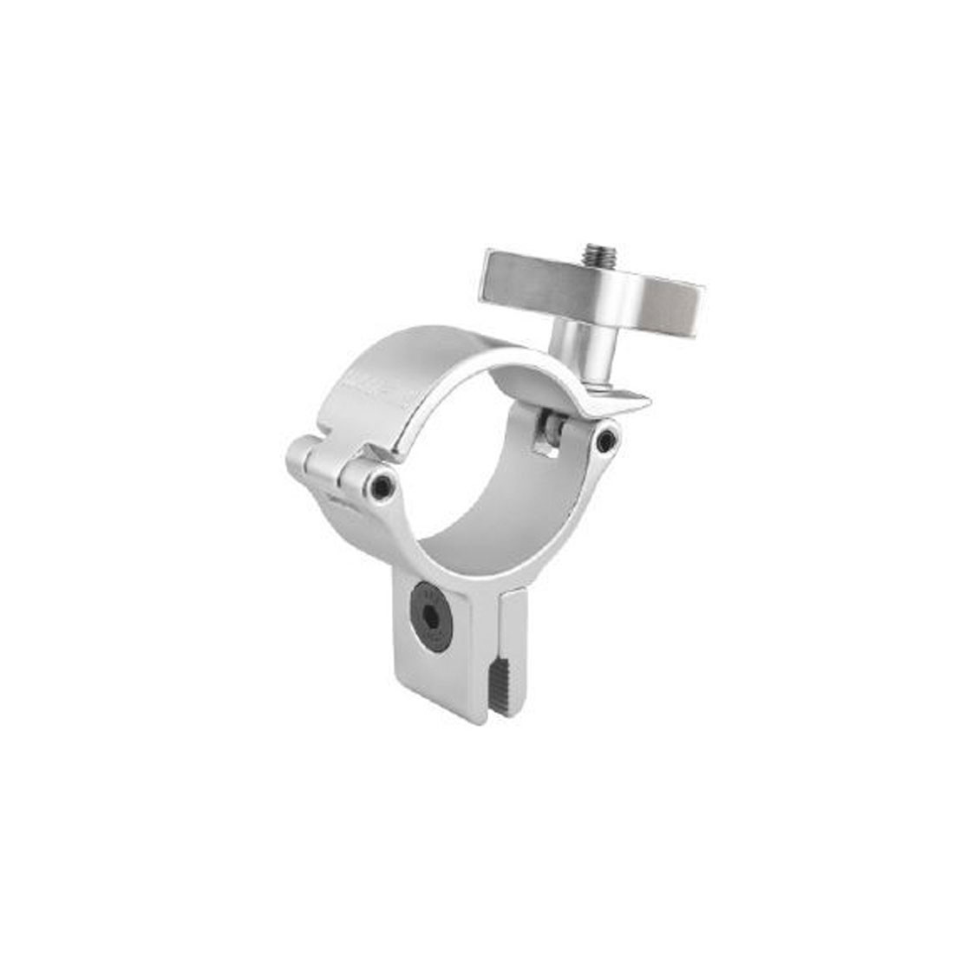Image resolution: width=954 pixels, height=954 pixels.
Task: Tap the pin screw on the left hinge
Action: [381, 488]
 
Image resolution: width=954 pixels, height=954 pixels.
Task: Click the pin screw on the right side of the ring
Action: [608, 441]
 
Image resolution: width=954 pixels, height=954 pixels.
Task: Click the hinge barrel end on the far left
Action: [300, 454]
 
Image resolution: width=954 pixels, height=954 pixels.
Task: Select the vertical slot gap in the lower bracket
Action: [498, 659]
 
